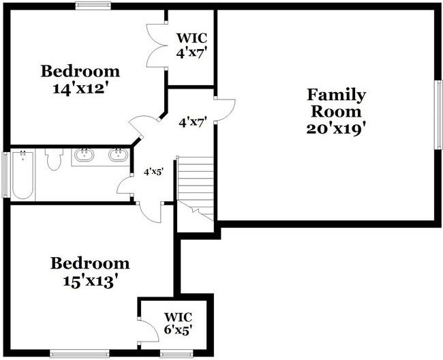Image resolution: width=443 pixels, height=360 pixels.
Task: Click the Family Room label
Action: tap(336, 103)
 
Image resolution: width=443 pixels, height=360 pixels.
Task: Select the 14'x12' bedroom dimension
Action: tap(81, 89)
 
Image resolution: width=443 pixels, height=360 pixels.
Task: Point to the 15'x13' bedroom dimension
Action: tap(90, 282)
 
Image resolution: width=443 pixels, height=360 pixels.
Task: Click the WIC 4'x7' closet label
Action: tap(192, 45)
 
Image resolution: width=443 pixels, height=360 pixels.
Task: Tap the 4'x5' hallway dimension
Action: tap(154, 172)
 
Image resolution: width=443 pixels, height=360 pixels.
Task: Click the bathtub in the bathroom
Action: tap(23, 175)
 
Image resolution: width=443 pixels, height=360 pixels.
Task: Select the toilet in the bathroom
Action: tap(54, 159)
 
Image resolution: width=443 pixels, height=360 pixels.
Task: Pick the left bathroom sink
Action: tap(85, 155)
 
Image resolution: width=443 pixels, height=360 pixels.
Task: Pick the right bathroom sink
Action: tap(119, 155)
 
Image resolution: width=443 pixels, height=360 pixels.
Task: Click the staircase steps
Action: tap(195, 189)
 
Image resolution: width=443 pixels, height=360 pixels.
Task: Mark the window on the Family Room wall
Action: tap(439, 115)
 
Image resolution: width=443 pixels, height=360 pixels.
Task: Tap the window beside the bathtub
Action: tap(5, 175)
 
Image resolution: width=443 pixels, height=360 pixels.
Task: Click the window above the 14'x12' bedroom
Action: tap(93, 5)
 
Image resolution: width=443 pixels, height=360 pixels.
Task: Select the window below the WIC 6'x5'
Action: tap(177, 354)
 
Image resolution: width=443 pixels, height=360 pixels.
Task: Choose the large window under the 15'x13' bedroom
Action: tap(80, 354)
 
